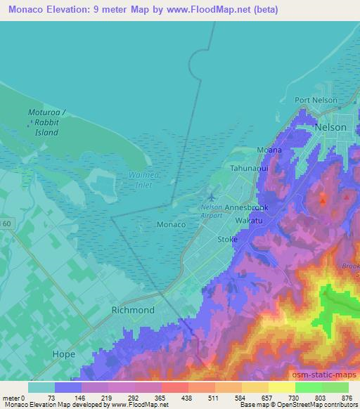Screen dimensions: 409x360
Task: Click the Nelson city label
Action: pyautogui.click(x=331, y=127)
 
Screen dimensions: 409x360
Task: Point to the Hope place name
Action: pyautogui.click(x=63, y=354)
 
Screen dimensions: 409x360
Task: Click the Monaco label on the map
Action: pyautogui.click(x=170, y=224)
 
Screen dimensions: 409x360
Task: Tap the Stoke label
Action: pyautogui.click(x=227, y=240)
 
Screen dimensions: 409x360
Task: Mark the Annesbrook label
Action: pyautogui.click(x=246, y=209)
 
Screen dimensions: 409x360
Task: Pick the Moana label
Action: pyautogui.click(x=269, y=150)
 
